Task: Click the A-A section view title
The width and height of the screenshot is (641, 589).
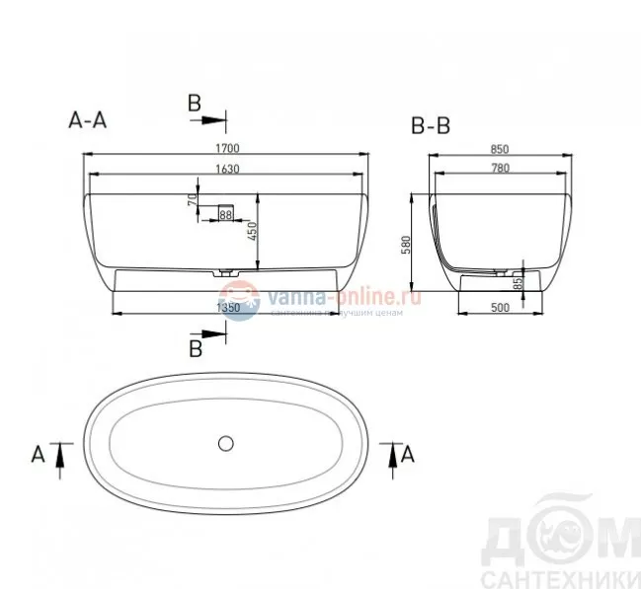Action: pos(87,119)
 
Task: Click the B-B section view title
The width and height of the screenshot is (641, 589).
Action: pos(433,127)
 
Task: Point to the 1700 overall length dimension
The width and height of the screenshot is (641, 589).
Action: pos(227,148)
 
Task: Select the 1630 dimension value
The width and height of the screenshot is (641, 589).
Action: pos(227,169)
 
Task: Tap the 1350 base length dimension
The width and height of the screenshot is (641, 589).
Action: pos(228,308)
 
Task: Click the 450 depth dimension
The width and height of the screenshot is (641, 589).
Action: pos(252,231)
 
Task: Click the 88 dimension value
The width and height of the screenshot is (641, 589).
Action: pos(225,214)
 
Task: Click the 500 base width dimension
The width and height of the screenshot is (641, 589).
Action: pos(499,308)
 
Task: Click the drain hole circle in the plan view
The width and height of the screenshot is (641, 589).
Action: pos(226,442)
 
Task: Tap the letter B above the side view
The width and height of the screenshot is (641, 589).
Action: pos(195,103)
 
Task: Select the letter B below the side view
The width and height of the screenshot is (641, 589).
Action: pos(196,348)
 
